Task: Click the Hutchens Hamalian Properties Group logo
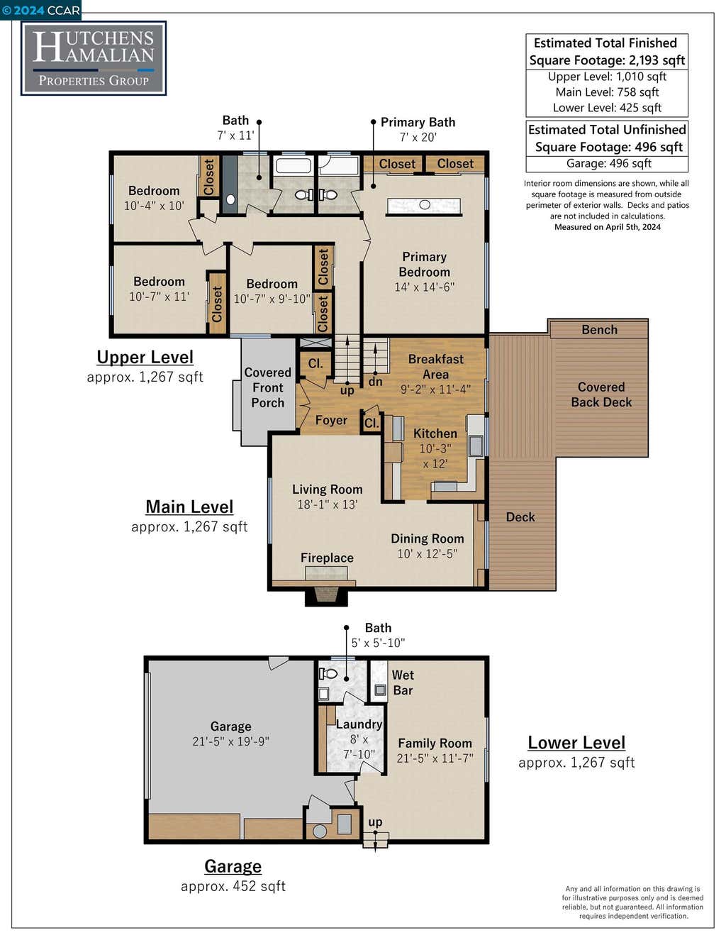click(x=94, y=58)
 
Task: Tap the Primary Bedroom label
click(x=425, y=265)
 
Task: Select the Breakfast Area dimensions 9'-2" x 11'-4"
click(x=435, y=389)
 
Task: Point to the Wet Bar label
click(x=403, y=682)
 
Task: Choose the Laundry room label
click(x=359, y=724)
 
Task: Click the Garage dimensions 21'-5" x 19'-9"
click(x=230, y=741)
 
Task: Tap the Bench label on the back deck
click(x=599, y=330)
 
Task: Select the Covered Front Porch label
click(x=267, y=387)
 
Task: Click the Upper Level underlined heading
click(x=145, y=358)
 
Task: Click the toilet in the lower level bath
click(x=328, y=673)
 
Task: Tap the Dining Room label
click(x=428, y=538)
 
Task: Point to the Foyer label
click(x=331, y=420)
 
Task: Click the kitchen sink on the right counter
click(x=476, y=446)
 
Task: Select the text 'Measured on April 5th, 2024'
click(x=608, y=227)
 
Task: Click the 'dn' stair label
click(x=375, y=382)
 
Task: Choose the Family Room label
click(x=435, y=743)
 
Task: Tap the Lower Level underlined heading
click(x=576, y=743)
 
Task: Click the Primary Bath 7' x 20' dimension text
click(x=418, y=138)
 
